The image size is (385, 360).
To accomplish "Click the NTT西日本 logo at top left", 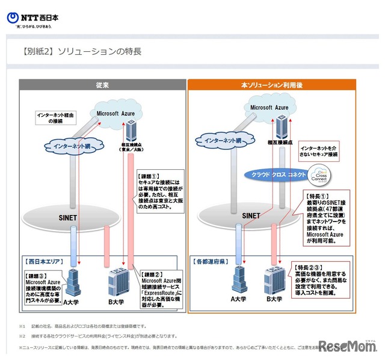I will pyautogui.click(x=33, y=20).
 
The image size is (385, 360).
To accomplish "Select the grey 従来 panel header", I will pyautogui.click(x=100, y=85).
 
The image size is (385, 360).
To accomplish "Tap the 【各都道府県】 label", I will pyautogui.click(x=212, y=262).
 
